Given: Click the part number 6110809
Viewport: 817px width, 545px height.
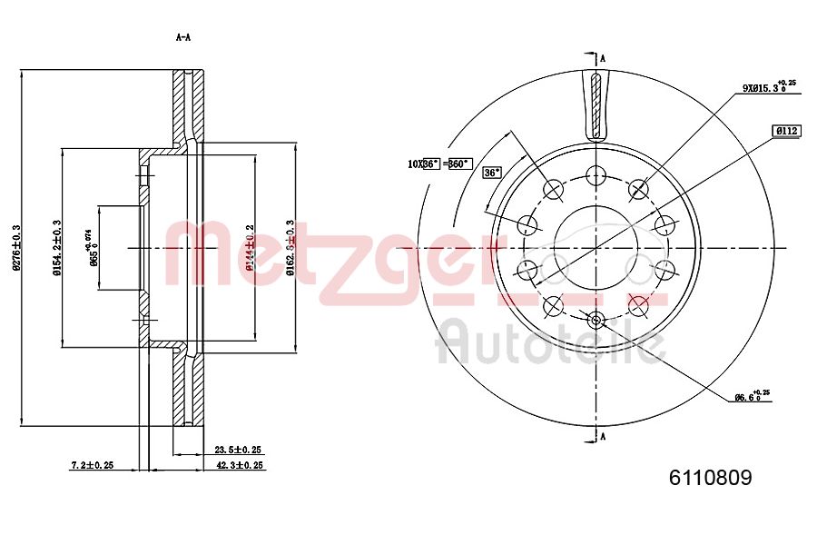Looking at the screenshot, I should pos(711,478).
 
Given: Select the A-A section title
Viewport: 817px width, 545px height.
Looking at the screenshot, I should pos(182,37).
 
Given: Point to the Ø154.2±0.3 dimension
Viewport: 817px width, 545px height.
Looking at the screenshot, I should pos(56,247).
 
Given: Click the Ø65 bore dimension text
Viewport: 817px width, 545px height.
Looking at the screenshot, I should pos(92,247).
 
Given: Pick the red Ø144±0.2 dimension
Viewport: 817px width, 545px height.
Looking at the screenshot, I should pos(250,247).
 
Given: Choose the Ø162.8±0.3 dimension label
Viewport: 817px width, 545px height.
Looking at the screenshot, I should pos(290,247).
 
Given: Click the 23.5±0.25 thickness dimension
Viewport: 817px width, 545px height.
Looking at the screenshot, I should pos(238,450).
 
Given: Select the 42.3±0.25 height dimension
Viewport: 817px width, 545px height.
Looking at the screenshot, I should pos(239,465).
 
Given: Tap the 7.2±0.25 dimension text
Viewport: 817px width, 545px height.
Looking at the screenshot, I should pos(93,465).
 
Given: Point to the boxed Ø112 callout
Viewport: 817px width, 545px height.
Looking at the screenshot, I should pos(786,131).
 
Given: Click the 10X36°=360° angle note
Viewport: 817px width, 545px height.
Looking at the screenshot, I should pos(438,163).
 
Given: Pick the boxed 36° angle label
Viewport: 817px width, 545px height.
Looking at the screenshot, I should pos(492,172).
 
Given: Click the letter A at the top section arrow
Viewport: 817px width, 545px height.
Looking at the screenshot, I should pos(602,58).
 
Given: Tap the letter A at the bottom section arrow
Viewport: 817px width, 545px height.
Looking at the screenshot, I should pos(602,437).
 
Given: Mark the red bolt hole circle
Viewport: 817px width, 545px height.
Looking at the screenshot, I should pos(639,305).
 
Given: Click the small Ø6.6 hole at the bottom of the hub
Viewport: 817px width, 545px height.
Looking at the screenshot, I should pos(596,319).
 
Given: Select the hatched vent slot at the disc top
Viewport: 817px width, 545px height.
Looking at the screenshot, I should pos(596,104).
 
